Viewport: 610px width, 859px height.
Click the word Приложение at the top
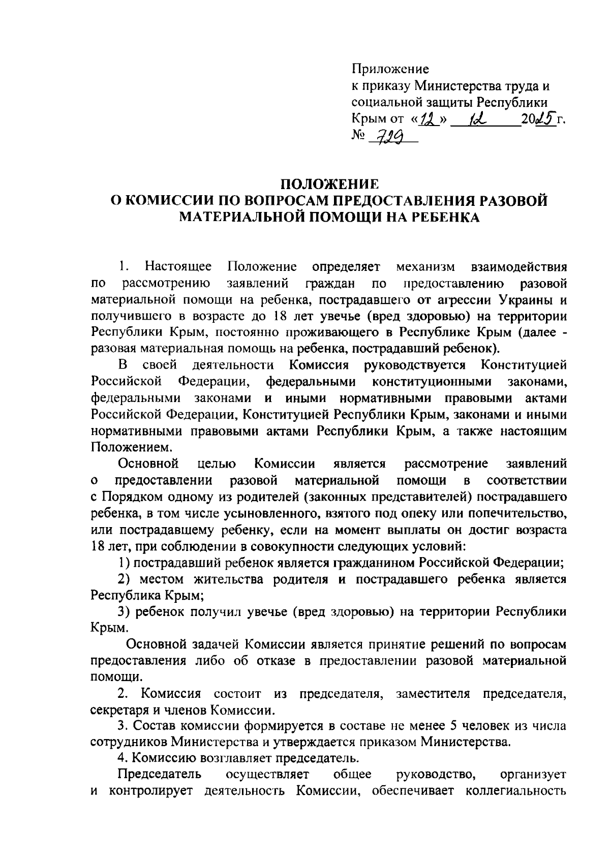[390, 69]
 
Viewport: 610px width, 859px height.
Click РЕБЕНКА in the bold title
[445, 217]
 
